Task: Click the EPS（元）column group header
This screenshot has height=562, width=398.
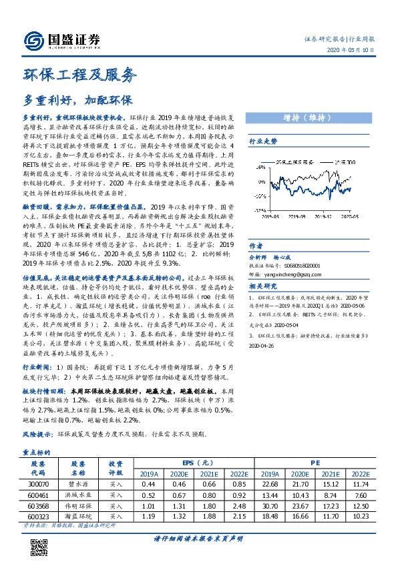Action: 198,462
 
